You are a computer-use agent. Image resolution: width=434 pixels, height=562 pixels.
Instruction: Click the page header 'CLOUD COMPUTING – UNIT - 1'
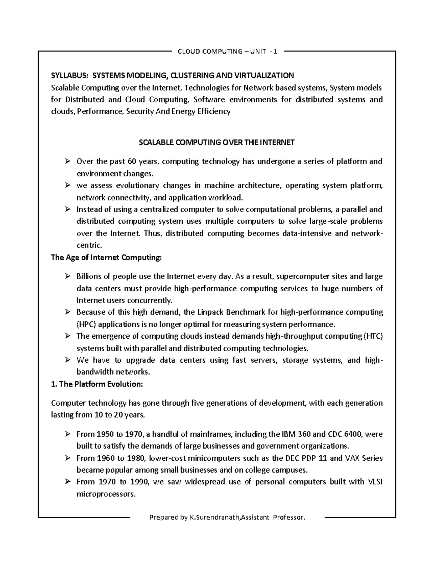pos(227,51)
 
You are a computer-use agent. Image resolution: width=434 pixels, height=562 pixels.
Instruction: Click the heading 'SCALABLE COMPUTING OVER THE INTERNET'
pos(217,143)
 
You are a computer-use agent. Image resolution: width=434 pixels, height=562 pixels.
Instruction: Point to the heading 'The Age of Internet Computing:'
pos(106,258)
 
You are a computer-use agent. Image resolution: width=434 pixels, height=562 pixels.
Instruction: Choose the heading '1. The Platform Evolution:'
pos(97,384)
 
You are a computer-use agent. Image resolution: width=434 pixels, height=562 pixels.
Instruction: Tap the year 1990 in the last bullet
pos(138,482)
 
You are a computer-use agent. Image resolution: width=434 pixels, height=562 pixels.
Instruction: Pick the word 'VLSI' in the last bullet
pos(375,482)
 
